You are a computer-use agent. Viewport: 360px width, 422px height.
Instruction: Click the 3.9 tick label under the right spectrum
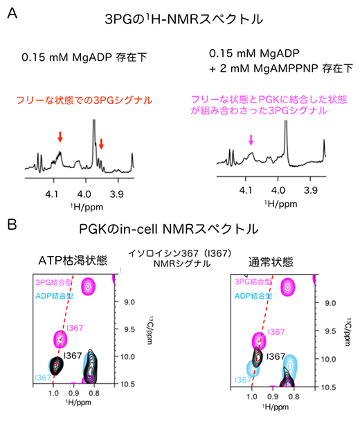[x=310, y=189]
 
